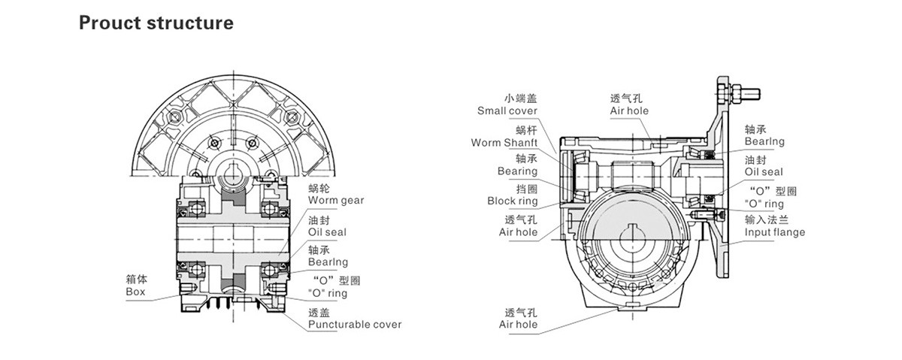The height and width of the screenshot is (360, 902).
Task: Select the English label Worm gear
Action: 336,201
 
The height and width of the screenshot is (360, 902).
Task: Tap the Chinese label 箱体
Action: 135,279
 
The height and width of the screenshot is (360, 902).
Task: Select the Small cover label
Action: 507,111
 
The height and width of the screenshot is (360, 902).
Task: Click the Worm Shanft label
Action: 504,143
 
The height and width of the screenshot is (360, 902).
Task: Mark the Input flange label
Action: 774,233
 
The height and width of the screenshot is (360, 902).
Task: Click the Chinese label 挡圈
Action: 526,189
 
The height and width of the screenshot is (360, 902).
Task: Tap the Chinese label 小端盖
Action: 522,98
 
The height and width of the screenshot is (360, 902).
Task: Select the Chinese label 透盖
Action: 320,312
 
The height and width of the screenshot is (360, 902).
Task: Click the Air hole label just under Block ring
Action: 518,233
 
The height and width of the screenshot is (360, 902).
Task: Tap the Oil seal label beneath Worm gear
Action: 328,232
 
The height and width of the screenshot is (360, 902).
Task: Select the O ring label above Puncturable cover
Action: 328,294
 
